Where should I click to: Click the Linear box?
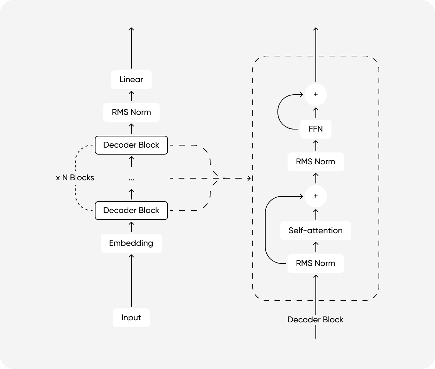[131, 80]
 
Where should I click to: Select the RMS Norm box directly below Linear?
[131, 112]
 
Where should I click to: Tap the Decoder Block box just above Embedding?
[131, 211]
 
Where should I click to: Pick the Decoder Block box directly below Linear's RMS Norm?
[131, 145]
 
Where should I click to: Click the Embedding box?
[131, 243]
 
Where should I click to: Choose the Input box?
[131, 317]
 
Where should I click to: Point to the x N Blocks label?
[75, 178]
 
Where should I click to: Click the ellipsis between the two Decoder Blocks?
[131, 179]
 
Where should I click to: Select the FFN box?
[315, 129]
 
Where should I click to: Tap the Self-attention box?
[315, 230]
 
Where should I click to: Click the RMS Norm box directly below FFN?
[315, 162]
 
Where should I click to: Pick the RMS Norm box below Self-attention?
[315, 263]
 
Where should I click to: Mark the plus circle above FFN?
[315, 94]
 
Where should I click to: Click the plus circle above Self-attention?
[315, 196]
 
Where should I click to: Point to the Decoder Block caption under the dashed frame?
[315, 320]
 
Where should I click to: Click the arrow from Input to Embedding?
[131, 280]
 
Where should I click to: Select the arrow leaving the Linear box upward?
[131, 49]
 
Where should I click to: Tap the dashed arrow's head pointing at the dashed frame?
[249, 178]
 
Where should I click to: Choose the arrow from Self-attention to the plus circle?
[316, 214]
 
